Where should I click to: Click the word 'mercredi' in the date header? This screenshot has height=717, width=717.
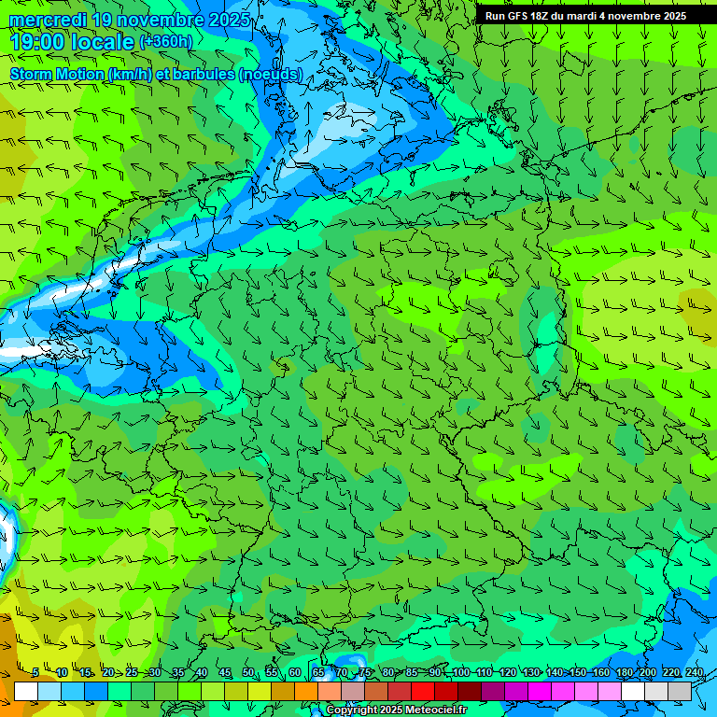pos(42,20)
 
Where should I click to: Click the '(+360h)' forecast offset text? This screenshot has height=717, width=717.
pos(166,42)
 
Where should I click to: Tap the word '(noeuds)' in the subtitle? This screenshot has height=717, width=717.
pos(271,74)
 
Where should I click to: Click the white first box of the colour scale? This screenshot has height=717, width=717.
pos(26,691)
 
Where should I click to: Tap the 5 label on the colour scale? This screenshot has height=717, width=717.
pos(35,673)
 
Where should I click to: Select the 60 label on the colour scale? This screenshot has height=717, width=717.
pos(295,673)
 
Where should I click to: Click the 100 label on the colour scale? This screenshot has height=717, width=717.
pos(460,673)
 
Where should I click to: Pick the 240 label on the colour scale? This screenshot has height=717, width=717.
pos(694,673)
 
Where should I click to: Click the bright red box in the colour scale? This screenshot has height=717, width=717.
pos(423,691)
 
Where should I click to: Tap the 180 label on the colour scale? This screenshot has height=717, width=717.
pos(624,673)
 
